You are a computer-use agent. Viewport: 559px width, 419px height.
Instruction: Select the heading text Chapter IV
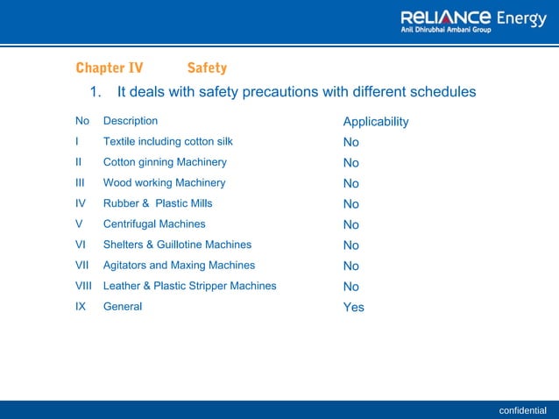[x=110, y=67]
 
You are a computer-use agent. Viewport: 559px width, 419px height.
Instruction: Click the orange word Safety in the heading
[x=207, y=67]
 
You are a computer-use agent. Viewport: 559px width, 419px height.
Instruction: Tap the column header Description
[x=131, y=121]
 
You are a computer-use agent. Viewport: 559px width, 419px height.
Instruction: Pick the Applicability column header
[x=375, y=122]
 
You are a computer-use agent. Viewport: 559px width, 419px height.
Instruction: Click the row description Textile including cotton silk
[x=167, y=141]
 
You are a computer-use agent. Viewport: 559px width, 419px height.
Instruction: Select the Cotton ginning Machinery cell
[x=165, y=162]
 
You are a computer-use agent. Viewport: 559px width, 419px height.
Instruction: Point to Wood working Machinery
[x=164, y=182]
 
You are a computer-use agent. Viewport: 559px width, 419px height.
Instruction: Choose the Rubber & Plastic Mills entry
[x=158, y=203]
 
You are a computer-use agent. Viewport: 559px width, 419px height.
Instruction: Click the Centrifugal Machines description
[x=154, y=224]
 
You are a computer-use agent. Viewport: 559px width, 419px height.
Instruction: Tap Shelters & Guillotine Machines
[x=177, y=245]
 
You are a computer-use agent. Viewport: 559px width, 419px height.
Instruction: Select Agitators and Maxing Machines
[x=179, y=265]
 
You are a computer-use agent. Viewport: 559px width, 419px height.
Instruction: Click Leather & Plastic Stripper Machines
[x=189, y=286]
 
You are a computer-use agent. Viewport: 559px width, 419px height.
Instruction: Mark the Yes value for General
[x=353, y=307]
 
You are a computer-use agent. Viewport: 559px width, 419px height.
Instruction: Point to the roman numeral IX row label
[x=81, y=307]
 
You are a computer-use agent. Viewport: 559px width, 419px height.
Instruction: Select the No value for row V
[x=350, y=224]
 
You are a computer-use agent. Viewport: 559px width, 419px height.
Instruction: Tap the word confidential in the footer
[x=522, y=410]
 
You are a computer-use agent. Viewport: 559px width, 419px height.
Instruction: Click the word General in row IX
[x=122, y=307]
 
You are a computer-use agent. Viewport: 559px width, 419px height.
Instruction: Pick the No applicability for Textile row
[x=350, y=142]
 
